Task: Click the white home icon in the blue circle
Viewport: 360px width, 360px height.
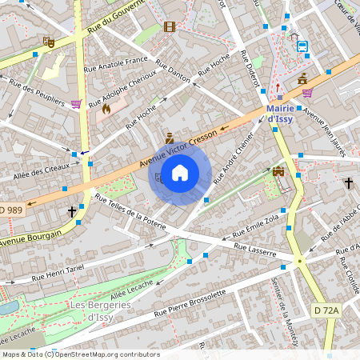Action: coord(180,173)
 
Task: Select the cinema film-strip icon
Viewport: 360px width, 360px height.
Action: coord(169,26)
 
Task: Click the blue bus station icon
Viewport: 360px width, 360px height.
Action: coord(303,46)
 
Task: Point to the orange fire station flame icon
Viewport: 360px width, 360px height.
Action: coord(106,107)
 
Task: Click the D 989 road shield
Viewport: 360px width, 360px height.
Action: coord(11,210)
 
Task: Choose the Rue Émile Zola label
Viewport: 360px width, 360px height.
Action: coord(255,225)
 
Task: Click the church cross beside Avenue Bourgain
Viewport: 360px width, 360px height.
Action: coord(72,212)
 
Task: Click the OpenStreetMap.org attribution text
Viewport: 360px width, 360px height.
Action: coord(102,354)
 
